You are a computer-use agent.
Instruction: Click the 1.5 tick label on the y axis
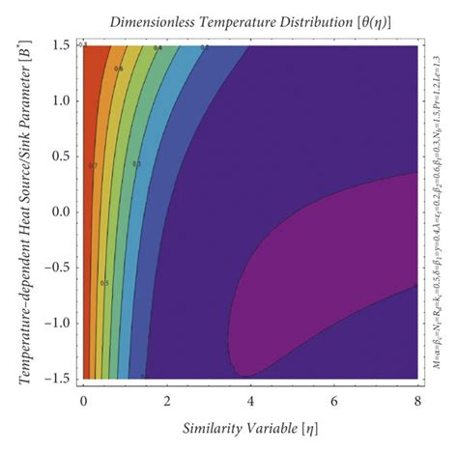click(x=60, y=45)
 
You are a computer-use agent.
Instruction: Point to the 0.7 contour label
click(x=94, y=165)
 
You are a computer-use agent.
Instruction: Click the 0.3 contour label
click(x=136, y=163)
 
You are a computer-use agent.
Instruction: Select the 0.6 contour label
click(x=118, y=69)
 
